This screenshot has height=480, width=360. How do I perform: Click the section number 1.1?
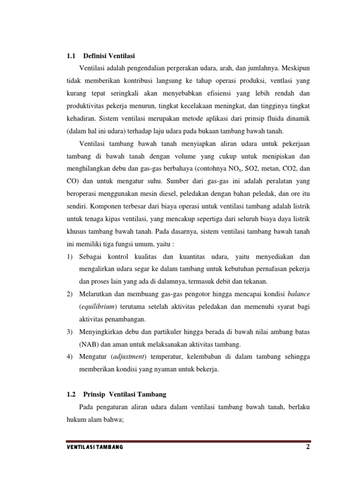71,56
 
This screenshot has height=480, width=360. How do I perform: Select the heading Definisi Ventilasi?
109,56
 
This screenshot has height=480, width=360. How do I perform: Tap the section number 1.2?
71,394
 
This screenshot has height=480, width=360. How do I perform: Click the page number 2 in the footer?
308,447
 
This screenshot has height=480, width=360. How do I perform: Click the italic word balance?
298,294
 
